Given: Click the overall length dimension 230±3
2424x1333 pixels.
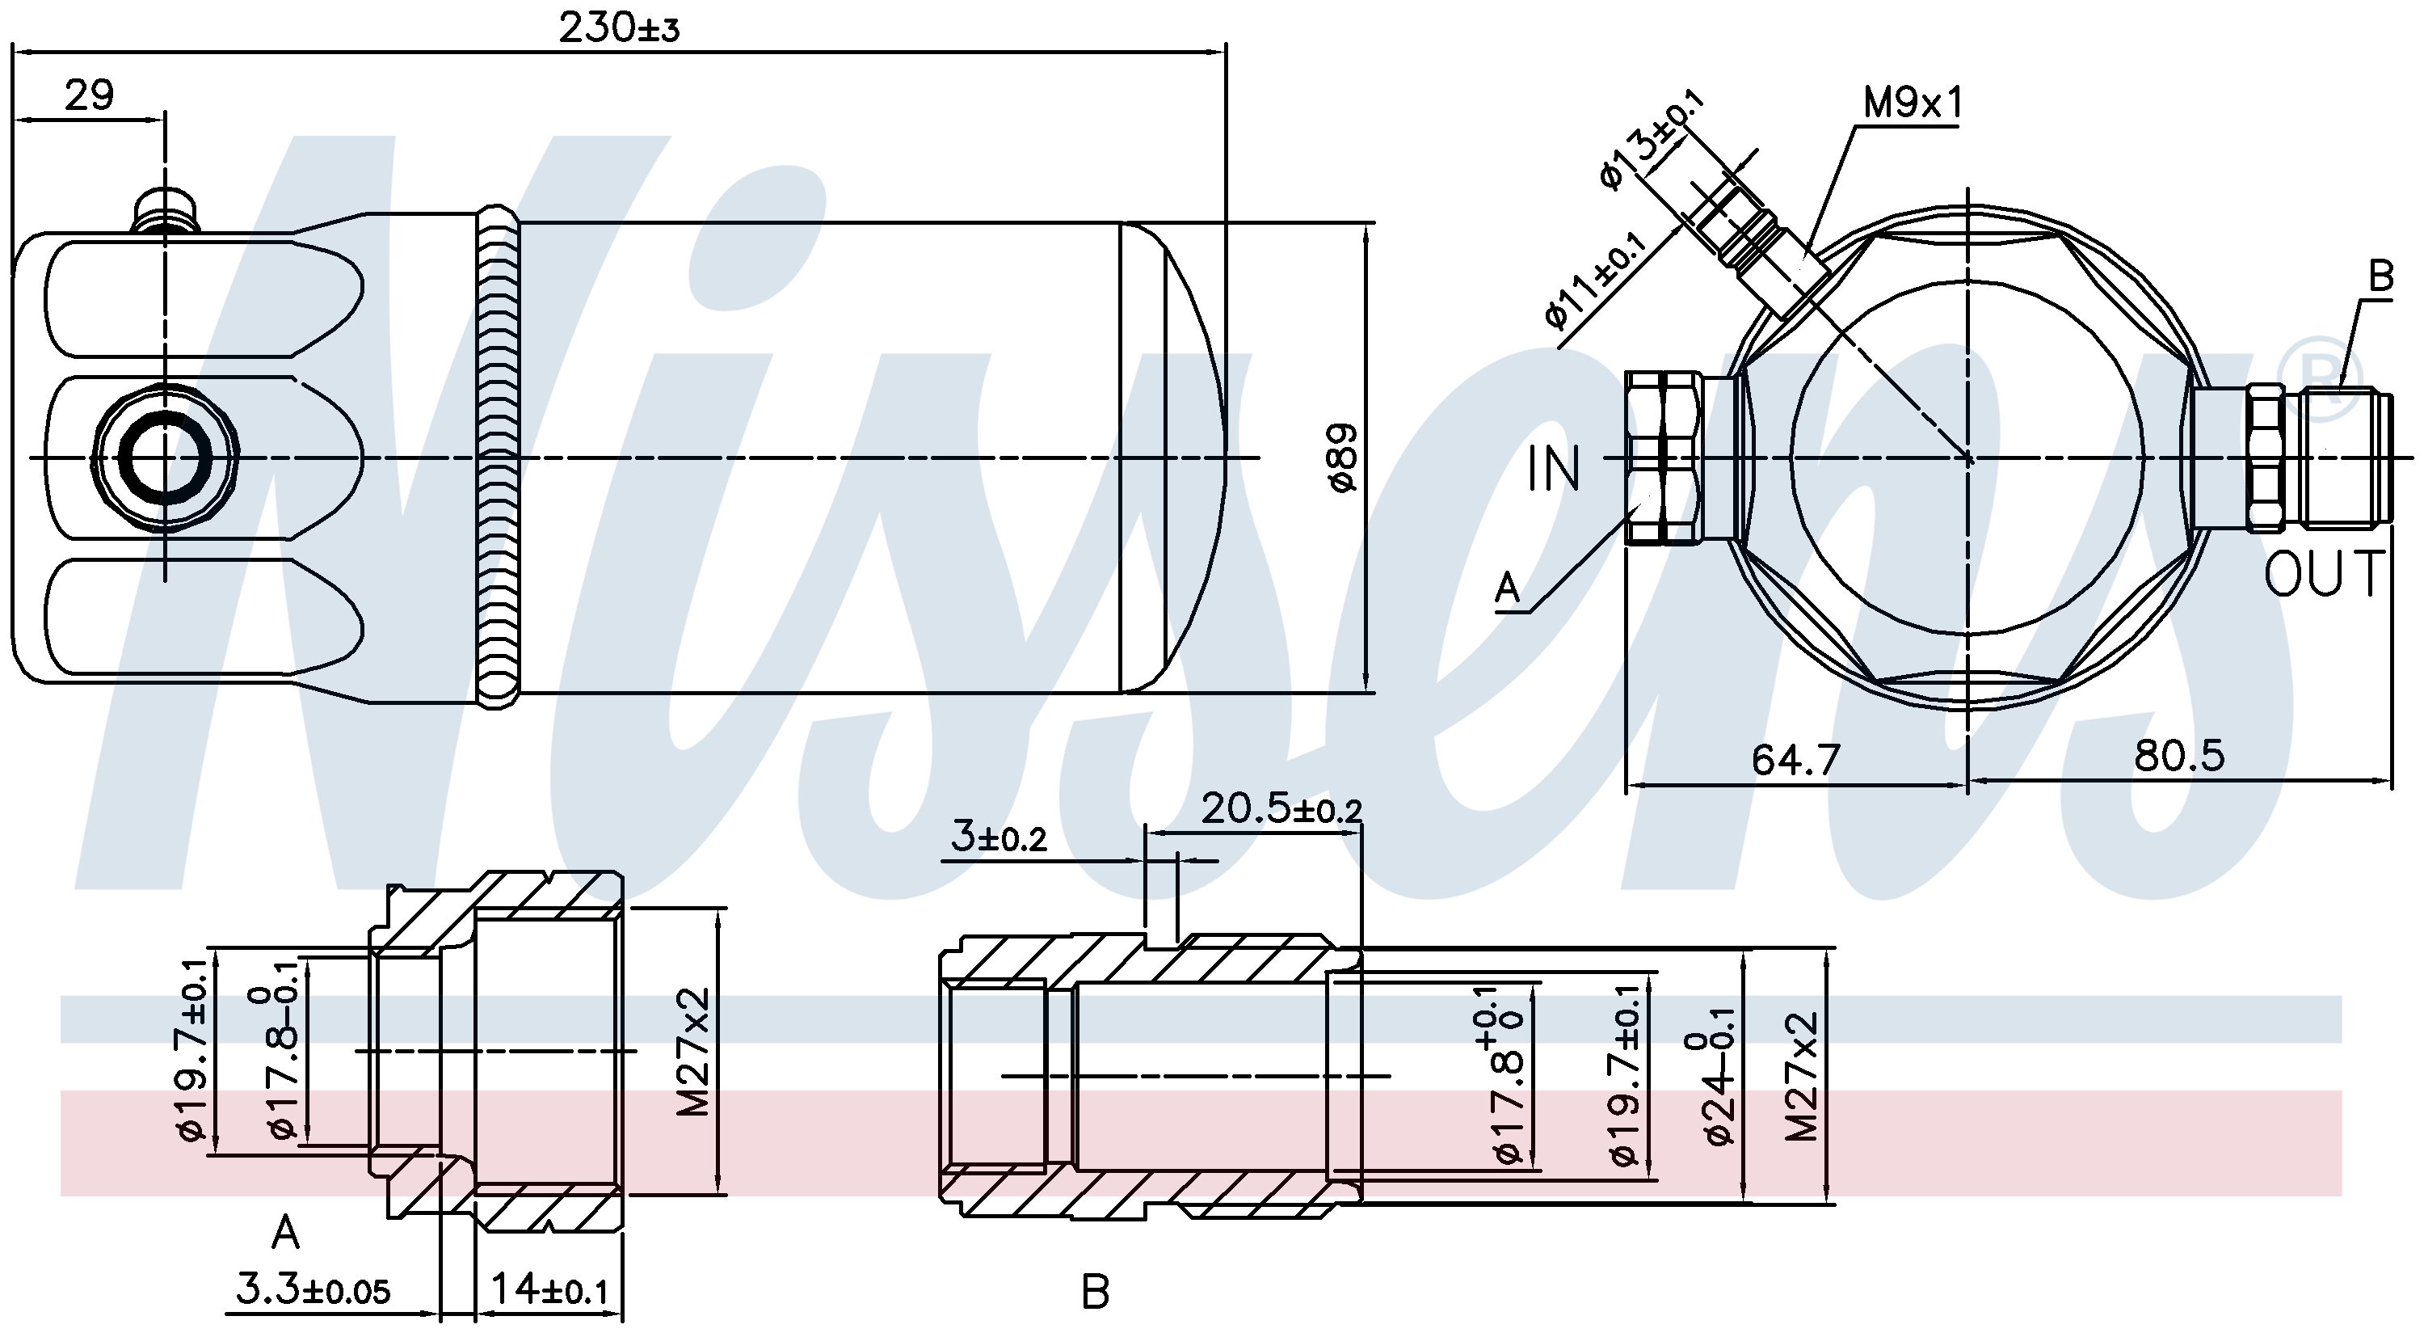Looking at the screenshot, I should coord(618,28).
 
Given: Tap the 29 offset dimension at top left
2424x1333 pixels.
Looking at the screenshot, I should coord(90,95).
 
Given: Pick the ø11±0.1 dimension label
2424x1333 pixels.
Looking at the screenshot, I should coord(1596,281).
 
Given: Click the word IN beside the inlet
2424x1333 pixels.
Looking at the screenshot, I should coord(1555,470).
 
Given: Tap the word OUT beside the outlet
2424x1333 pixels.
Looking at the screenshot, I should coord(2322,573).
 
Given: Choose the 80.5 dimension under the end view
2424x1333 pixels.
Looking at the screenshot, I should coord(2179,756).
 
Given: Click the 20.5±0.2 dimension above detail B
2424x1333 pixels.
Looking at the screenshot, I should coord(1281,808).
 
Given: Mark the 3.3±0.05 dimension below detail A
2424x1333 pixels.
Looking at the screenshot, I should coord(313,1289).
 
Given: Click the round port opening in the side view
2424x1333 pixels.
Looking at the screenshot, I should coord(166,458).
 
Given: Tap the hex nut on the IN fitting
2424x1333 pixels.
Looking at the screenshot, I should coord(1663,458).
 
